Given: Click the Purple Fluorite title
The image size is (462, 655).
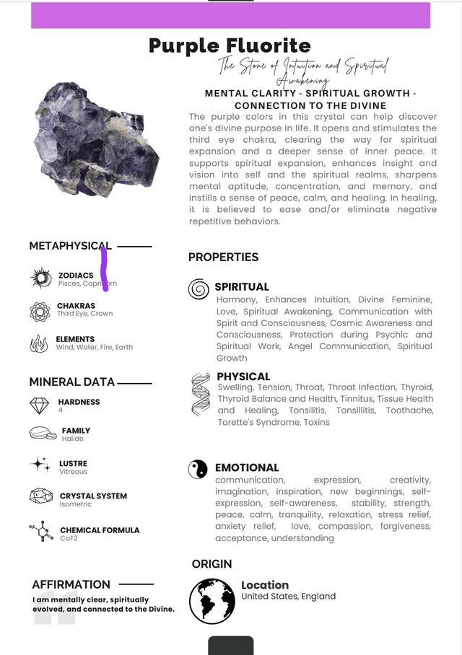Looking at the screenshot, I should (230, 46).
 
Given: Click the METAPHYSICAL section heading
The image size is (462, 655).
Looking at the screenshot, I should (70, 246).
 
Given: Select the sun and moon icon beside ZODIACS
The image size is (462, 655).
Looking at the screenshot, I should (41, 278).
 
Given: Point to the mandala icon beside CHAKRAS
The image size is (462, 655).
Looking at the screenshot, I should (40, 311).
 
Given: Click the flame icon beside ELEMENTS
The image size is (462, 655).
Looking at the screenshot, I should (39, 344).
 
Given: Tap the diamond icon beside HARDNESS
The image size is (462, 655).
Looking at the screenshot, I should (40, 406).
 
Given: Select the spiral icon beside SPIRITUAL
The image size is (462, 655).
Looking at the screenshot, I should (199, 289).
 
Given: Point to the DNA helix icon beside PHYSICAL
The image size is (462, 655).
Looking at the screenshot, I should (200, 394).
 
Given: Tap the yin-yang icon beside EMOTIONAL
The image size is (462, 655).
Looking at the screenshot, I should (198, 470).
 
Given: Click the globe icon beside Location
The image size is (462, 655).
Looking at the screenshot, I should (212, 601).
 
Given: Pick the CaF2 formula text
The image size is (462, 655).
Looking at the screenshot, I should (69, 539).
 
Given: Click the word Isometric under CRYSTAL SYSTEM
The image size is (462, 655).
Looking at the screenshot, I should (76, 504).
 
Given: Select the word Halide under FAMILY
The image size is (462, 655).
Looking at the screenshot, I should (72, 439).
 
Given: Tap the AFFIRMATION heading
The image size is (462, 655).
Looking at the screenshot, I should (71, 584).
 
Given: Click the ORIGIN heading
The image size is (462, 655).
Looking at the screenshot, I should (212, 563).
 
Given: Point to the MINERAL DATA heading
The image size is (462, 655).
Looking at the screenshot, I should (71, 382).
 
